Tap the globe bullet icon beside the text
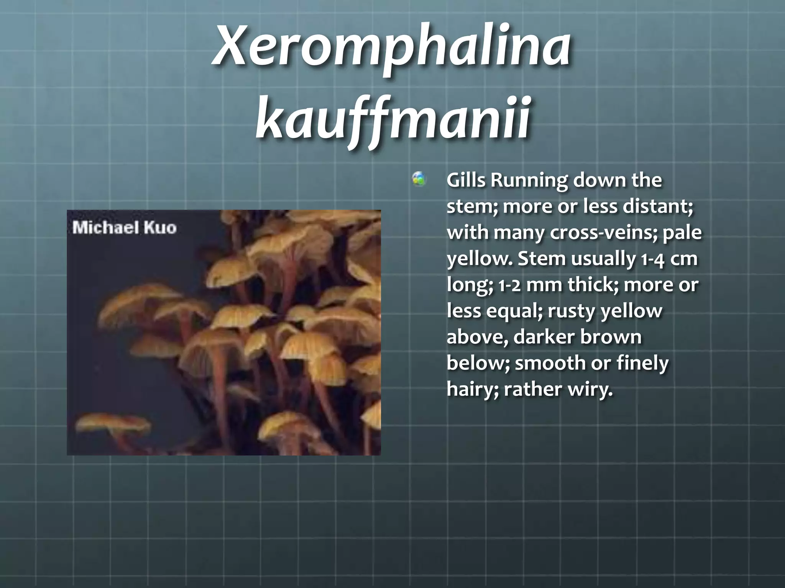419,179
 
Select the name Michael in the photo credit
105,228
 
